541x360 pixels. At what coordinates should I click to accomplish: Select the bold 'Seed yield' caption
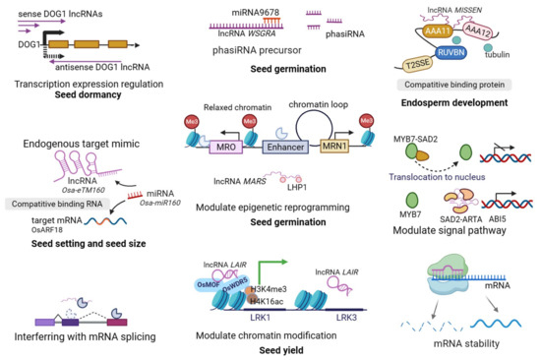[x=271, y=349]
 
